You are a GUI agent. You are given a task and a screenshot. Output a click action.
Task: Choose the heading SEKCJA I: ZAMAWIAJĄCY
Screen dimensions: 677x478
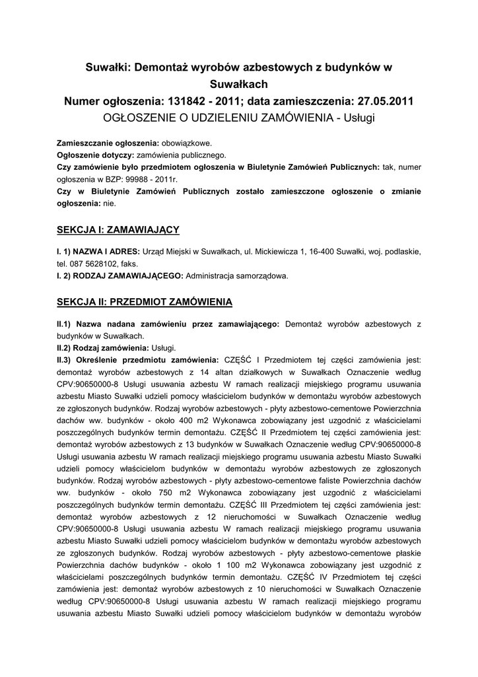pyautogui.click(x=118, y=229)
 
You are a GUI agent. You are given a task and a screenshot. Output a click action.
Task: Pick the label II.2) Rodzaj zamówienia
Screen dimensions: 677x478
pyautogui.click(x=102, y=348)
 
